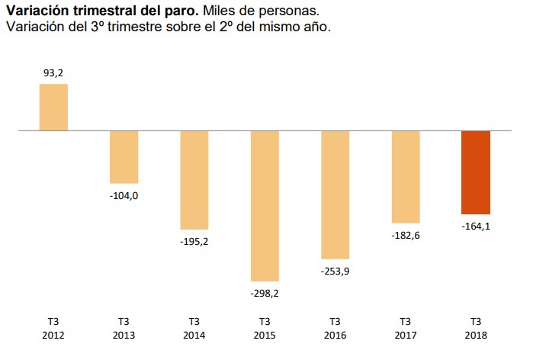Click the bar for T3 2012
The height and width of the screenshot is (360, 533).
click(x=53, y=108)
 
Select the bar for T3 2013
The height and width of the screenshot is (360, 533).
click(x=124, y=157)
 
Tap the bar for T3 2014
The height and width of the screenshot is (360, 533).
click(x=194, y=180)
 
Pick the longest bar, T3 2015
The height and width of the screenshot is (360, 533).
click(x=265, y=206)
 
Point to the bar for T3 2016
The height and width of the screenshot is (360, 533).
click(x=335, y=195)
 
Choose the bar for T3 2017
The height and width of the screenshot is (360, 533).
click(x=406, y=177)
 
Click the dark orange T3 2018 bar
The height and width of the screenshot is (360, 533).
click(x=476, y=172)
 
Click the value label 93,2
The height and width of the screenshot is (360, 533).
click(x=53, y=73)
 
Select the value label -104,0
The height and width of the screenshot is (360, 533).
click(x=124, y=194)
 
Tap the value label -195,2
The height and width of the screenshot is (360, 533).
click(x=194, y=240)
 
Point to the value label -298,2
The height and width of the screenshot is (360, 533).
click(x=265, y=292)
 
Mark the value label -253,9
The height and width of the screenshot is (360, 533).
click(x=335, y=270)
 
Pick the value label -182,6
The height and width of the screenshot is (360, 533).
click(x=406, y=234)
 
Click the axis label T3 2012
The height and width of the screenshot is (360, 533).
click(x=53, y=327)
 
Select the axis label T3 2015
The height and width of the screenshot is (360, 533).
click(x=265, y=327)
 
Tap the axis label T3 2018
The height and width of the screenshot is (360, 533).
click(x=476, y=327)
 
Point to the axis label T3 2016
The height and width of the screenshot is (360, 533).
click(x=335, y=327)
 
